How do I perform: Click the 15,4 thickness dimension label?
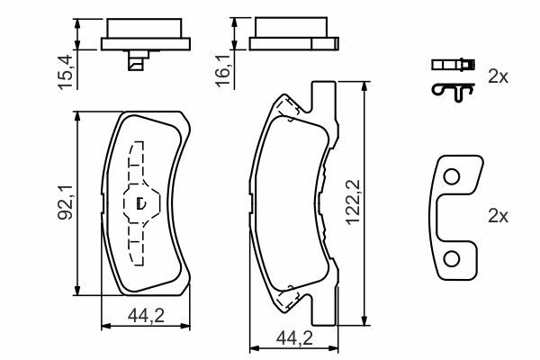66,72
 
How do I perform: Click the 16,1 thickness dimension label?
223,70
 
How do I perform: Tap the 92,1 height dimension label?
66,202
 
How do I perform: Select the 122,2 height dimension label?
354,202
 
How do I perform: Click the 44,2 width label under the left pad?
146,316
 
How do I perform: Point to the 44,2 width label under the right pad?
294,338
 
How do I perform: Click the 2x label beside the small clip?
498,76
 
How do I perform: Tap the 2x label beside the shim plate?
498,216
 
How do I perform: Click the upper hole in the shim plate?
452,177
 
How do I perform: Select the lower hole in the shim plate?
452,259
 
